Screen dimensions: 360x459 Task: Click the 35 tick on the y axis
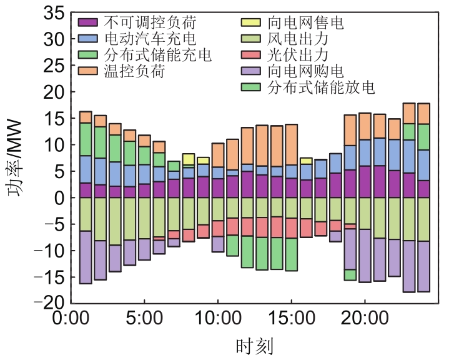[x=52, y=12]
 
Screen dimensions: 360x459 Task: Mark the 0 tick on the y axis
[x=57, y=198]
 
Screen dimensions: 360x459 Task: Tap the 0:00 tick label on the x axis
[x=71, y=319]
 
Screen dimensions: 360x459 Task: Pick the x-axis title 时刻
[x=254, y=344]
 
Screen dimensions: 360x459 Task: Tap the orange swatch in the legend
[x=89, y=71]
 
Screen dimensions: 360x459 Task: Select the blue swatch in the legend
[x=89, y=39]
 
